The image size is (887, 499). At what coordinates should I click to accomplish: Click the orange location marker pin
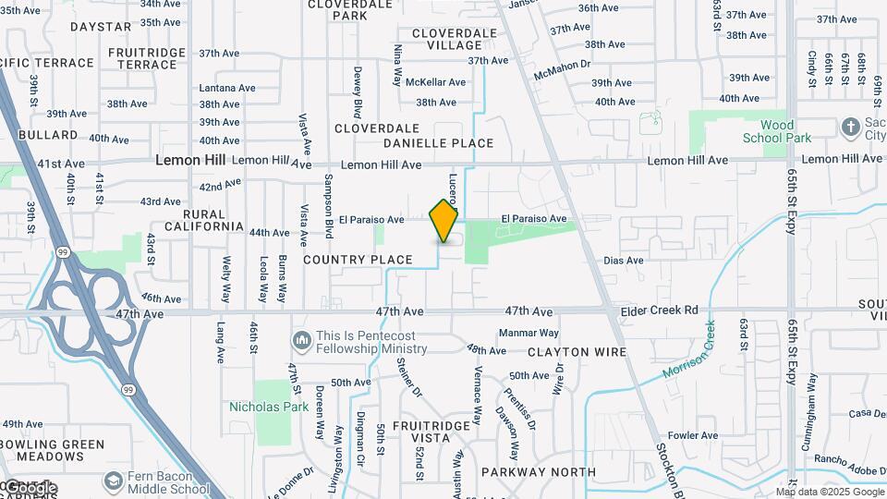tap(443, 221)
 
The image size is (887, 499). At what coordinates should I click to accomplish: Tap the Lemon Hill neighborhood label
tap(190, 160)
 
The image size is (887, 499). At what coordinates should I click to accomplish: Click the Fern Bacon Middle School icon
tap(114, 481)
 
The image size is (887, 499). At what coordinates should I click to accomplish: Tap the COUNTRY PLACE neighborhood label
tap(358, 260)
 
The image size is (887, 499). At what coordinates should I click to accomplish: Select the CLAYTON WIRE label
tap(577, 352)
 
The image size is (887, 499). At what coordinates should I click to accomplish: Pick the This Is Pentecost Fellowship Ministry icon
tap(301, 341)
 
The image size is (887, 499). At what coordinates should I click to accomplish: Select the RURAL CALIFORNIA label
tap(203, 219)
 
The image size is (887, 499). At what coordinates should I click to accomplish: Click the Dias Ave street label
tap(623, 261)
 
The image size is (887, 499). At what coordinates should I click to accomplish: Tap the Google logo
tap(30, 487)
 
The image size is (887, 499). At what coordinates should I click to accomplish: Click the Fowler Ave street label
tap(693, 435)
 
